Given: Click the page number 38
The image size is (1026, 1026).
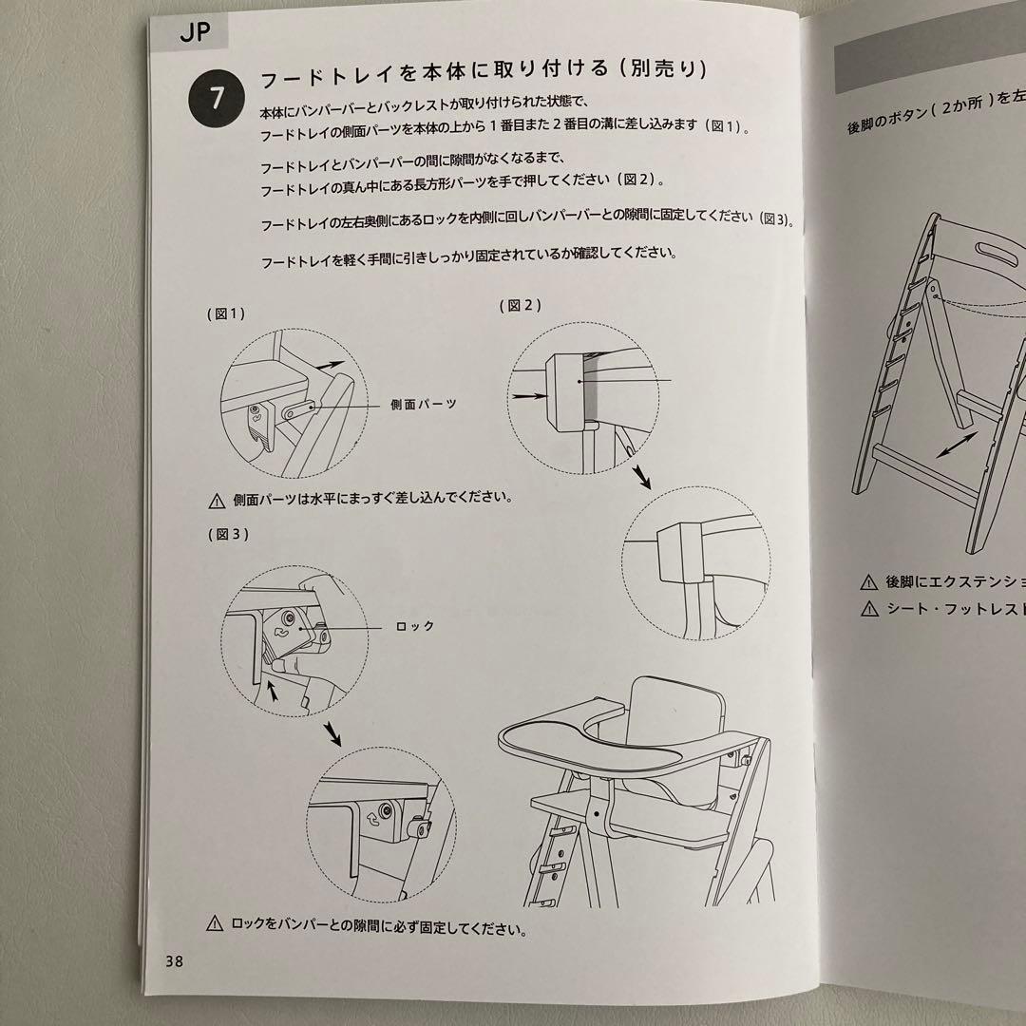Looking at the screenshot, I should click(174, 960).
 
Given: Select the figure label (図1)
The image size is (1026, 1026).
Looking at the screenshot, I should click(226, 314).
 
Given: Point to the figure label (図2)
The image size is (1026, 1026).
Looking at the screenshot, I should click(522, 305).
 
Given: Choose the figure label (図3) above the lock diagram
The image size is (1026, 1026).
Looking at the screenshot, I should click(228, 534).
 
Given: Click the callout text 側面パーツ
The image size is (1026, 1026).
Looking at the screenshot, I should click(423, 404).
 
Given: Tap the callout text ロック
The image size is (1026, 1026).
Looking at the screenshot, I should click(414, 626).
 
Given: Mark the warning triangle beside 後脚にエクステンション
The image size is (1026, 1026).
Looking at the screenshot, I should click(868, 581).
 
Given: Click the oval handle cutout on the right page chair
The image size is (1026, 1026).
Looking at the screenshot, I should click(997, 255).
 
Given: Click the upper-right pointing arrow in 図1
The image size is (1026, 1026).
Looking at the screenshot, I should click(330, 363).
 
